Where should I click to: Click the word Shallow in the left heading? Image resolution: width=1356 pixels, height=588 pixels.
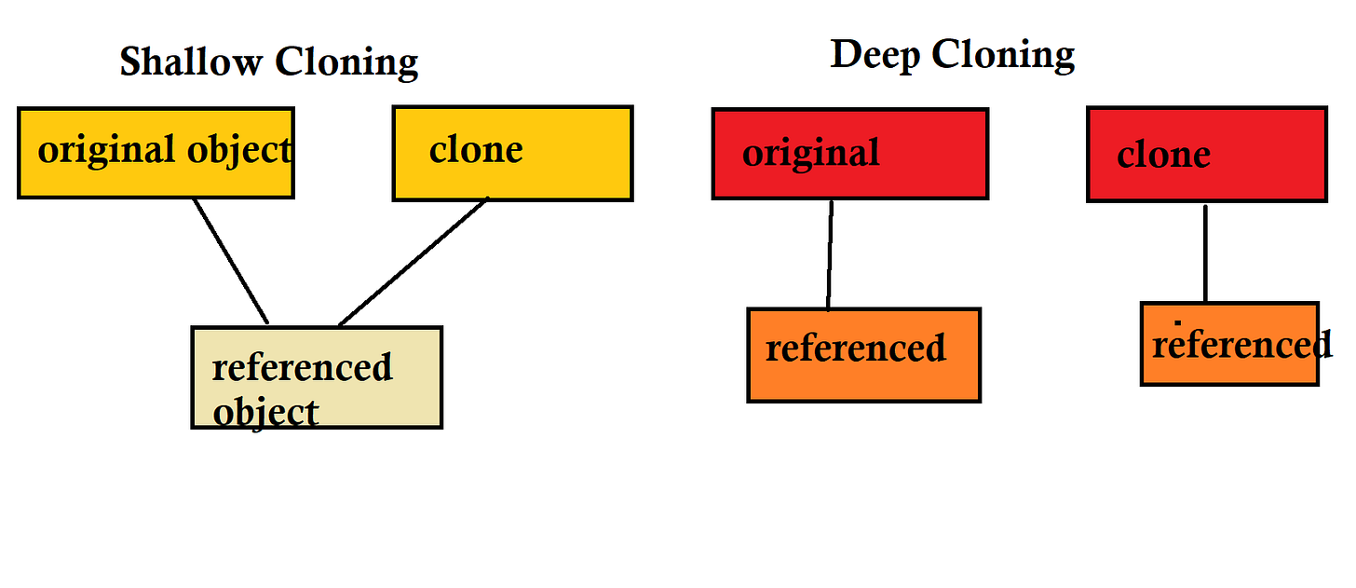(x=191, y=63)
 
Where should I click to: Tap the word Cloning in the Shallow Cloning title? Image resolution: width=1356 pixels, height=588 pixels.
(x=346, y=63)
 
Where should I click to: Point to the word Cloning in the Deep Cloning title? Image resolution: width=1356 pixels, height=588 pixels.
(x=1003, y=56)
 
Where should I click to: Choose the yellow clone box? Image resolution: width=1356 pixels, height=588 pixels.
(x=512, y=177)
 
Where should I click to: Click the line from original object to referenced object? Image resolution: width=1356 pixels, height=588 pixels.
(x=231, y=261)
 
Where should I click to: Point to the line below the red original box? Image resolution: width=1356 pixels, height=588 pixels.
(x=830, y=253)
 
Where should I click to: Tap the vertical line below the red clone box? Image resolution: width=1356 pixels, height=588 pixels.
(x=1205, y=252)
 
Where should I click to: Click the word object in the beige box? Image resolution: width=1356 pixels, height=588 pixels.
(x=265, y=412)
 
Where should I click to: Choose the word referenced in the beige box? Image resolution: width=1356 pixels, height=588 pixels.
(x=302, y=367)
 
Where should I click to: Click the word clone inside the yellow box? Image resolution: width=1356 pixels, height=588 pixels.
(x=476, y=150)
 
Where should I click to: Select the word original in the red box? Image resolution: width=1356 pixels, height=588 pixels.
(x=810, y=153)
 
